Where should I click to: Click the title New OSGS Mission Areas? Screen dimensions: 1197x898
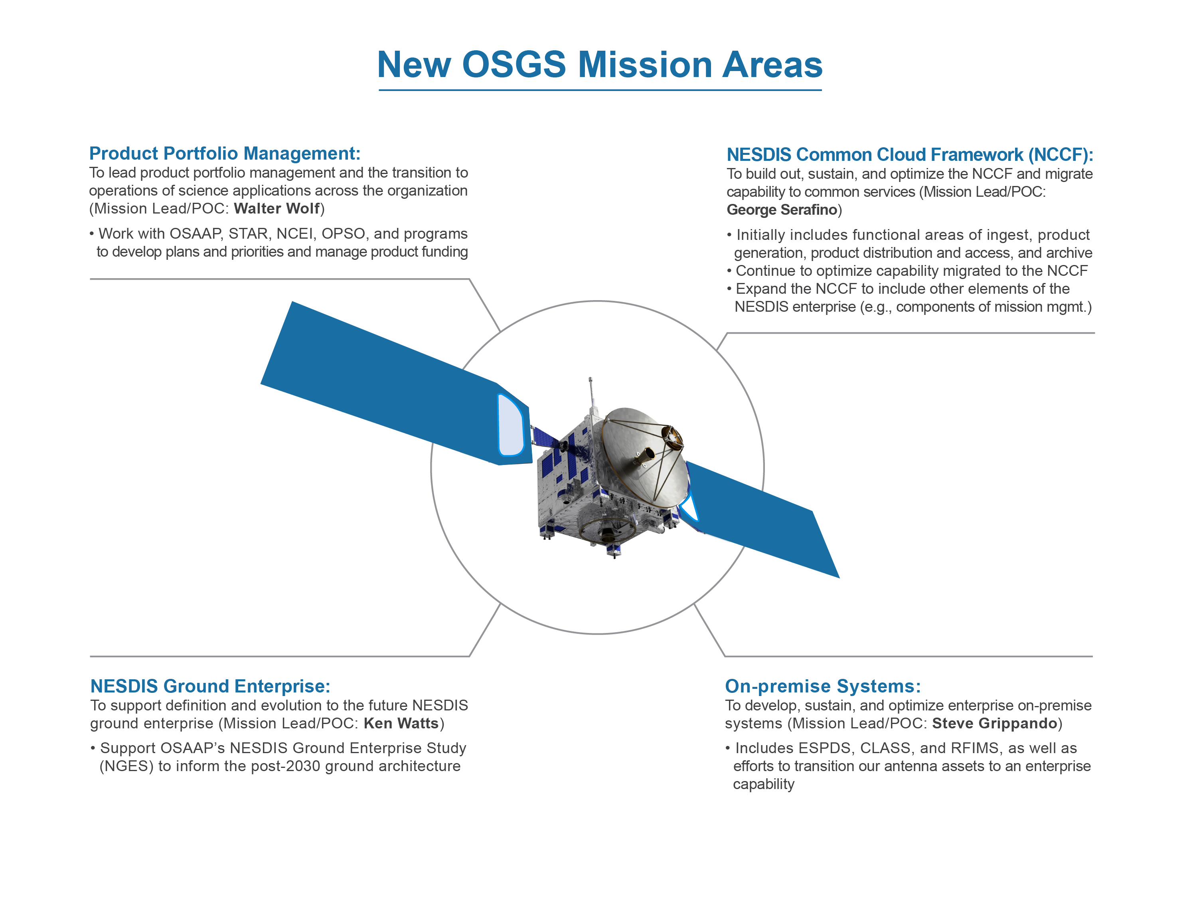(x=600, y=64)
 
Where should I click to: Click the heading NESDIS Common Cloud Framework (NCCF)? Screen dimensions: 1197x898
(x=910, y=155)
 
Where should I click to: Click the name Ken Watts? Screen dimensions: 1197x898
(x=401, y=723)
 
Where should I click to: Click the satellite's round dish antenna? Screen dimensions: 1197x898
(x=641, y=457)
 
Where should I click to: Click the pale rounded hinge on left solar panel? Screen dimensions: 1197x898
(x=510, y=425)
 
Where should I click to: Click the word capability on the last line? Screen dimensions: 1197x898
(x=764, y=784)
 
